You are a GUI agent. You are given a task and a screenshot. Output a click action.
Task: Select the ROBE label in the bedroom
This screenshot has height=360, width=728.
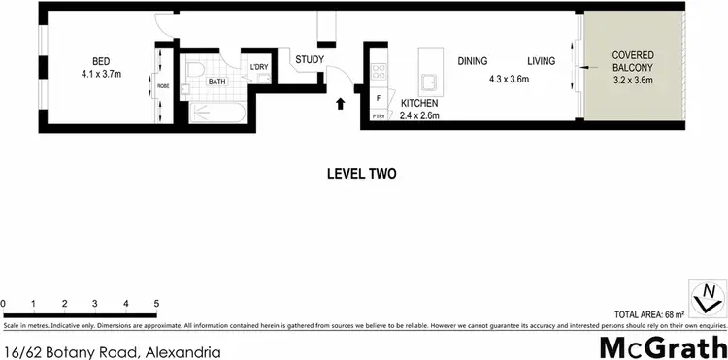(162, 86)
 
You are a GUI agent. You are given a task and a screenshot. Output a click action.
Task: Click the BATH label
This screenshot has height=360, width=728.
(215, 82)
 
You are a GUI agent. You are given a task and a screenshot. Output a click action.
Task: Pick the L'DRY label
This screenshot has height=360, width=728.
(258, 66)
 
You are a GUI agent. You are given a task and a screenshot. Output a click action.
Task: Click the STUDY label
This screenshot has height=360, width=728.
(311, 60)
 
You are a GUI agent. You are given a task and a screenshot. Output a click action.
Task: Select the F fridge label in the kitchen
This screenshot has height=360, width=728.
(379, 97)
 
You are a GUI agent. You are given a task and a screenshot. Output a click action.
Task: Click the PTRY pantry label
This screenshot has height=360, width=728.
(379, 116)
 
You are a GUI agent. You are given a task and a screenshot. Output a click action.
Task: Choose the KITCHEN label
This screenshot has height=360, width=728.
(420, 103)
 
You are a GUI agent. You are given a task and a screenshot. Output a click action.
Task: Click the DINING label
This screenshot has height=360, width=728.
(473, 61)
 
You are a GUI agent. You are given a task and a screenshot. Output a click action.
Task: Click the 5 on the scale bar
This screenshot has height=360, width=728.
(156, 304)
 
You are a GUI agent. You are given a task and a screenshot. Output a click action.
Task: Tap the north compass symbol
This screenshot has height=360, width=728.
(707, 293)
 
